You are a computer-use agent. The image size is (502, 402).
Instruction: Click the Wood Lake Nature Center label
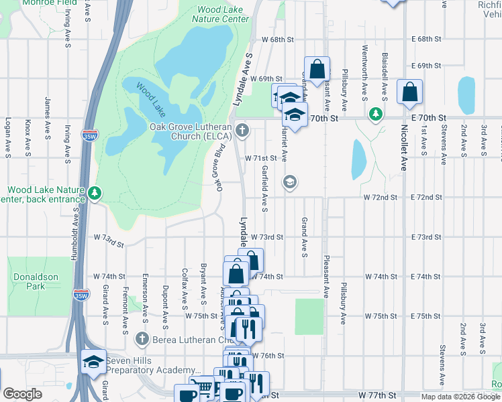[219, 15]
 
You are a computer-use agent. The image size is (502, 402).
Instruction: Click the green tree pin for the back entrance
[95, 194]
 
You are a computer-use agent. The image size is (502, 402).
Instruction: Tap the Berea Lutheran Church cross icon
[141, 339]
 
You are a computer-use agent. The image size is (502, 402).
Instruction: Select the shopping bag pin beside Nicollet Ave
[409, 92]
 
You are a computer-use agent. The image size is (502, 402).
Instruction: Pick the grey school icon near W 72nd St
[290, 182]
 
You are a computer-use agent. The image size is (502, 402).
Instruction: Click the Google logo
[22, 394]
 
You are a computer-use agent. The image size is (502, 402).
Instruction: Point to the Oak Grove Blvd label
[219, 172]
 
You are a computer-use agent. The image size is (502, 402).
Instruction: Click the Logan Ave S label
[8, 137]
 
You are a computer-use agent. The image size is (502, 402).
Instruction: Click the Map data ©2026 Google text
[460, 397]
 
